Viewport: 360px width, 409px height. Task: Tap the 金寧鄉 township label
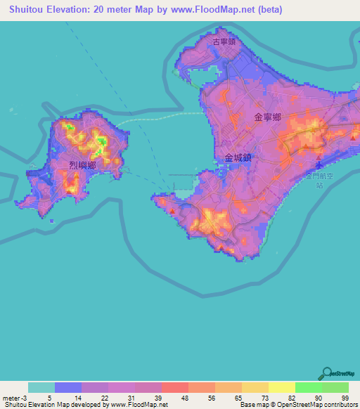[x=268, y=117]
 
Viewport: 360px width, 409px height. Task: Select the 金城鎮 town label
[x=238, y=159]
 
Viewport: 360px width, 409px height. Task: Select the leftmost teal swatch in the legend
[x=41, y=387]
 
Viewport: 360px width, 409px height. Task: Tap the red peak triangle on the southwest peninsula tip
[x=171, y=209]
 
